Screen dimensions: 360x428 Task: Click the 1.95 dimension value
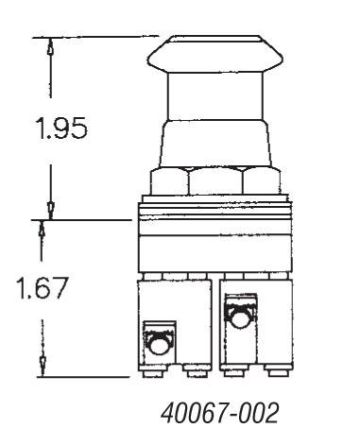pos(61,128)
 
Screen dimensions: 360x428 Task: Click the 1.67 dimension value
pos(43,288)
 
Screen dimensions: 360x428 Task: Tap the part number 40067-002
pos(220,413)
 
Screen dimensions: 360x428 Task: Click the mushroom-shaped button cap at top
pos(215,54)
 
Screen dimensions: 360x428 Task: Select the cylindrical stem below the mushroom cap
pos(215,96)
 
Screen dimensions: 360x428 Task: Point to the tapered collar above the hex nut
pos(215,144)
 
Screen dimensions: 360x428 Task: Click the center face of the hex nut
pos(216,182)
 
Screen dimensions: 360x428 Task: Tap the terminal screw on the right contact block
pos(240,316)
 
